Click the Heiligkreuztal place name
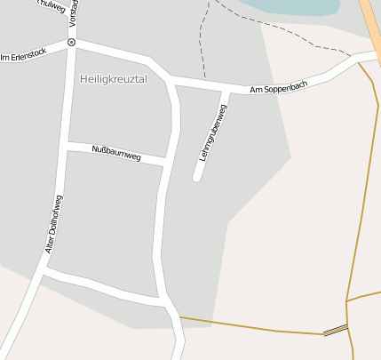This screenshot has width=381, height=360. tap(113, 79)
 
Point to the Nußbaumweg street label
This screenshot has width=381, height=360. tap(116, 152)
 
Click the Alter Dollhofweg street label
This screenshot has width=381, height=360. tap(54, 226)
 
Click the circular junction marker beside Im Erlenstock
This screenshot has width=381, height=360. tap(71, 42)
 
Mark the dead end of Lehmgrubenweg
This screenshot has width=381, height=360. tap(197, 178)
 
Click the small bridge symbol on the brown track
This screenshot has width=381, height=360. tap(335, 331)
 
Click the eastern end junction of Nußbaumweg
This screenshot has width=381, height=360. tap(167, 161)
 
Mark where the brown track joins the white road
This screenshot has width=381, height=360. tap(179, 316)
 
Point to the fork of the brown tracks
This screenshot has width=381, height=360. tap(347, 301)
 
